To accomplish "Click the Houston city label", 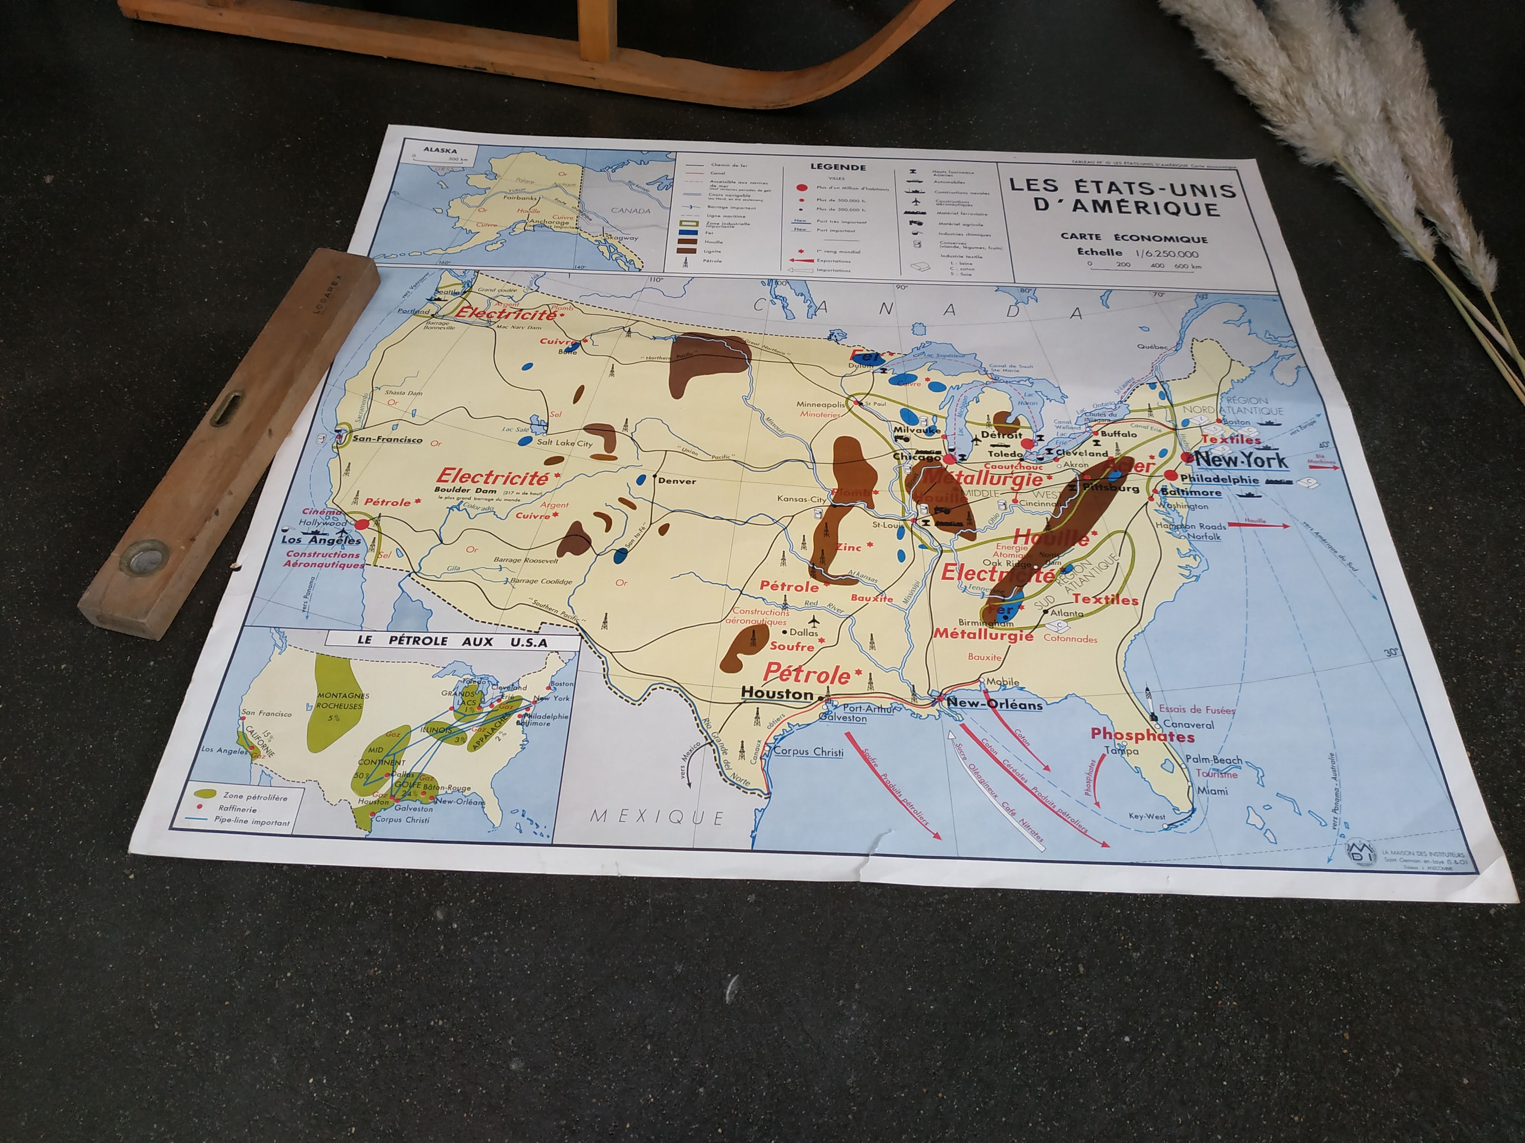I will (777, 694).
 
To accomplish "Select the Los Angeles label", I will (321, 540).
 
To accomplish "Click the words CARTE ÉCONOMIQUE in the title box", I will (1133, 239).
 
